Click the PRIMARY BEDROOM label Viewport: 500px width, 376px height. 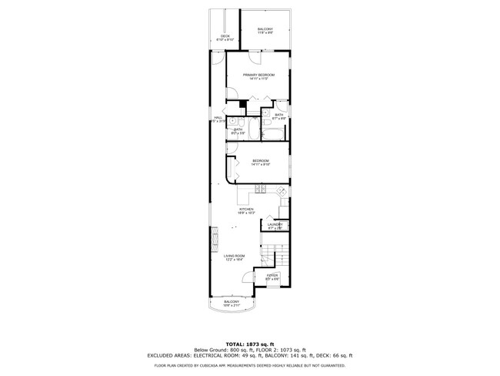[x=258, y=76]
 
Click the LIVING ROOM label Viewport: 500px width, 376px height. [x=234, y=257]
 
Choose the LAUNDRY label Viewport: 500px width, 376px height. [x=275, y=226]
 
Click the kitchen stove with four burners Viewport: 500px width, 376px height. [x=261, y=189]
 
